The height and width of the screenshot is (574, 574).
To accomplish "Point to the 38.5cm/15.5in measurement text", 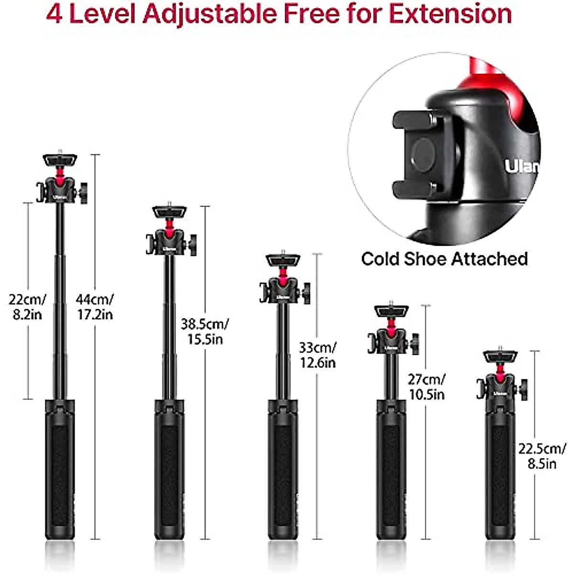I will [x=204, y=331].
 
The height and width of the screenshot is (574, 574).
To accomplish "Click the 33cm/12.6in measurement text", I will [x=318, y=354].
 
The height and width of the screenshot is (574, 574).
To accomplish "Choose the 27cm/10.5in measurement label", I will [x=426, y=386].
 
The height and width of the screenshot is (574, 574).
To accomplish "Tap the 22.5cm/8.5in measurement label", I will [x=542, y=456].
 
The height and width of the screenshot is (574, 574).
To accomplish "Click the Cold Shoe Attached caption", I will [x=444, y=259].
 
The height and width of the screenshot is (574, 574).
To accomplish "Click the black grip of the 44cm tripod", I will [x=60, y=469].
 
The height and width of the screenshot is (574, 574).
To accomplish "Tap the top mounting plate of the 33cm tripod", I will [x=283, y=260].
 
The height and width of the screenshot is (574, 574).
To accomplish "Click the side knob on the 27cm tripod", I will [x=415, y=343].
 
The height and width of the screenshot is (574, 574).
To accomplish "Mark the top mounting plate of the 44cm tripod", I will [x=60, y=159].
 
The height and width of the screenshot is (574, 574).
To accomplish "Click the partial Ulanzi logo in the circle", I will [x=521, y=166].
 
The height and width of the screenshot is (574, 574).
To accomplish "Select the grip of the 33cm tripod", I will [x=283, y=469].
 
